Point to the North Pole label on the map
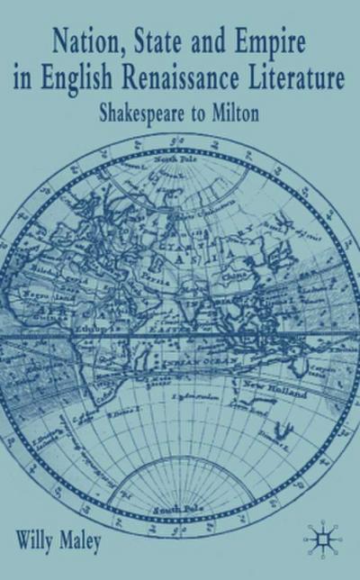tap(181, 160)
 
